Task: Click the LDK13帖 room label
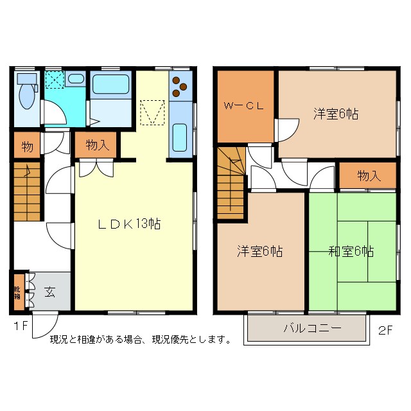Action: tap(128, 224)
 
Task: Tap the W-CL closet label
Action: tap(243, 107)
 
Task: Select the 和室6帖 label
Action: tap(351, 251)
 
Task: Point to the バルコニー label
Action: tap(313, 328)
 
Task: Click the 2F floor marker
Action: tap(385, 331)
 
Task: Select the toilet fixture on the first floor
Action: tap(26, 94)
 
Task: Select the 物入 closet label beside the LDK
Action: tap(97, 146)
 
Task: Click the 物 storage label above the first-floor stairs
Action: tap(26, 146)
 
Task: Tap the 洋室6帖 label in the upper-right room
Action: tap(336, 114)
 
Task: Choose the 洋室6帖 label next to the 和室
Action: tap(259, 251)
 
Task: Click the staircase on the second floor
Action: tap(230, 183)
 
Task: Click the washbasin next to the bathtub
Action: tap(75, 80)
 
